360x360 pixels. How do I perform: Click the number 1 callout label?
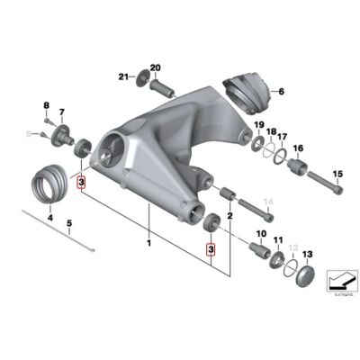pos(149,244)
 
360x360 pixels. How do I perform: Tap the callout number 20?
pos(154,67)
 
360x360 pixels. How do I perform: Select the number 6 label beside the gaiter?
pos(280,92)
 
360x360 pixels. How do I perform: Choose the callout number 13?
pos(308,255)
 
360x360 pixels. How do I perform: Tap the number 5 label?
pos(70,224)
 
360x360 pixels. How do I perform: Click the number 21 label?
pos(125,76)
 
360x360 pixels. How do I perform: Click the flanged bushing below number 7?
pos(65,138)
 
